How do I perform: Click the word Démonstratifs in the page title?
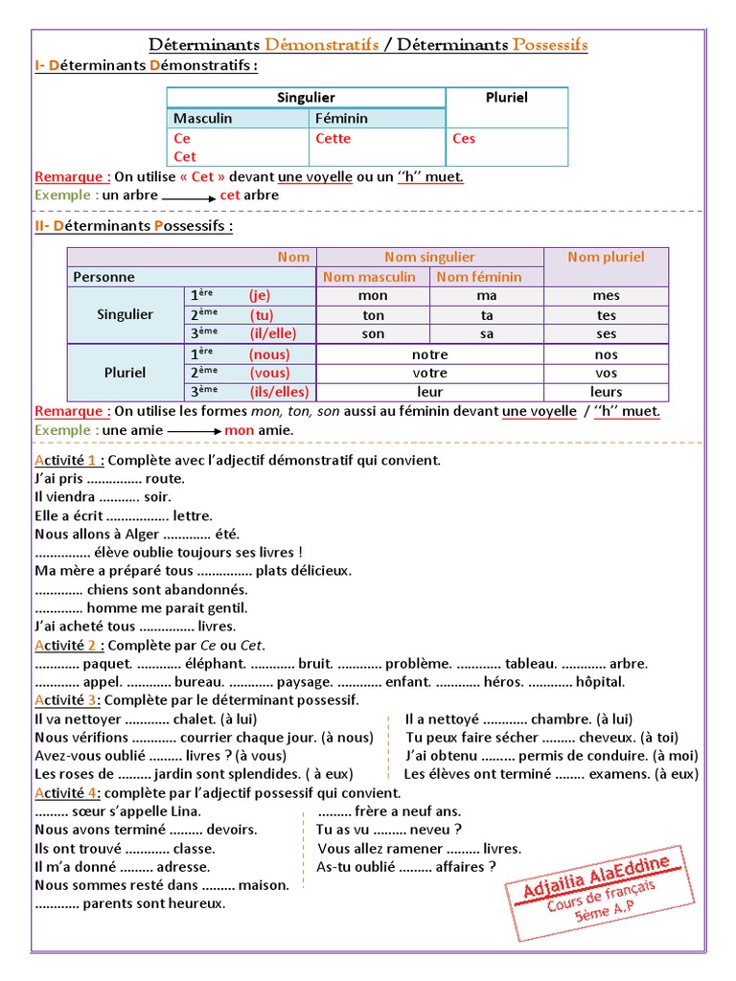click(321, 45)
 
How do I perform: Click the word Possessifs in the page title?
click(550, 45)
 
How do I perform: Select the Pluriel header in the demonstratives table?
click(506, 98)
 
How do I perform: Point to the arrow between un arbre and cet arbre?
click(188, 196)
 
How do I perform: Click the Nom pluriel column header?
click(606, 257)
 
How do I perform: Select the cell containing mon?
click(373, 296)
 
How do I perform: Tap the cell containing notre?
click(429, 354)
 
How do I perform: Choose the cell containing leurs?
click(606, 391)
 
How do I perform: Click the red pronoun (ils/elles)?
click(277, 391)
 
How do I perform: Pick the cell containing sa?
click(486, 333)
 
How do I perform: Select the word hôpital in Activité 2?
click(600, 682)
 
